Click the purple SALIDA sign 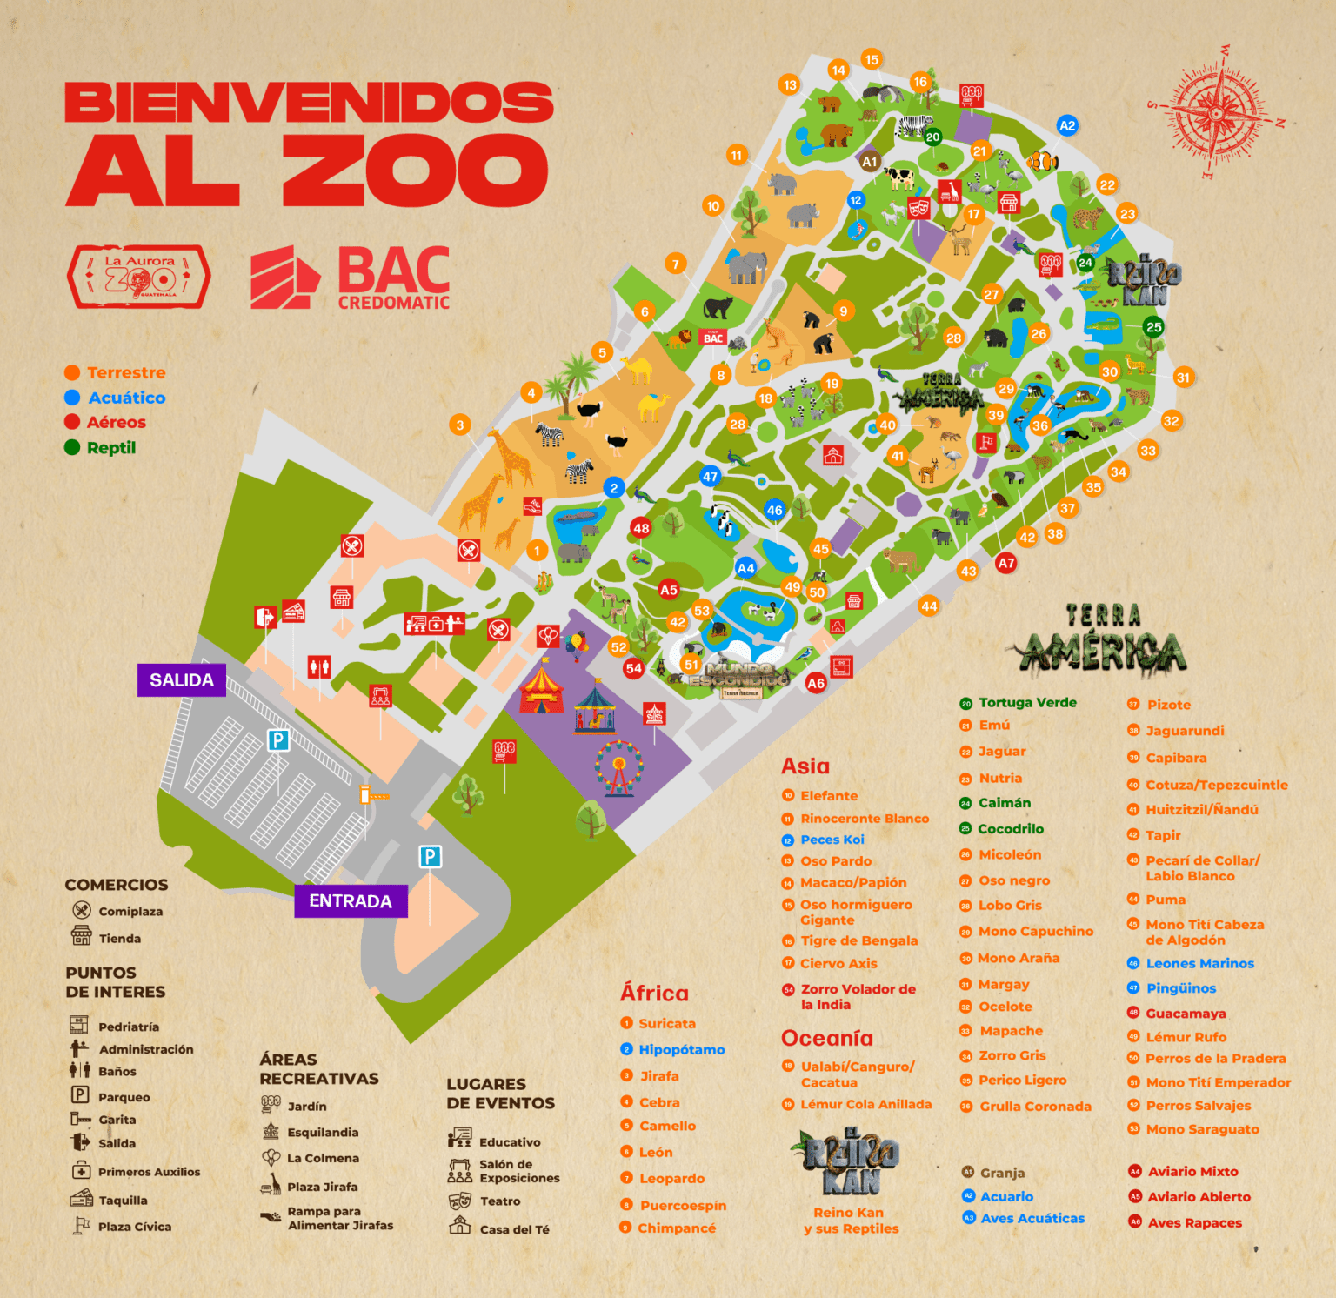click(x=181, y=680)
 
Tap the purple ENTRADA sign click(x=351, y=901)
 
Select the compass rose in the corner click(x=1219, y=112)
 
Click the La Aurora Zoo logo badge click(x=139, y=278)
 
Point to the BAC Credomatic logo click(x=351, y=278)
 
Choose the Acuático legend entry click(x=126, y=398)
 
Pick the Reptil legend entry click(x=110, y=448)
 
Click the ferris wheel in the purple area click(x=618, y=768)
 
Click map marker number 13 click(x=790, y=84)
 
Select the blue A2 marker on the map click(x=1066, y=125)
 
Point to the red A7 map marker click(x=1006, y=563)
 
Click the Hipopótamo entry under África click(x=681, y=1050)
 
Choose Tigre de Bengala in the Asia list click(x=858, y=940)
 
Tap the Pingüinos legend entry click(x=1180, y=988)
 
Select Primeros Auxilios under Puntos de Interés click(x=148, y=1172)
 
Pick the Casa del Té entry click(x=513, y=1229)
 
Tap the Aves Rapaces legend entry click(x=1194, y=1222)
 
